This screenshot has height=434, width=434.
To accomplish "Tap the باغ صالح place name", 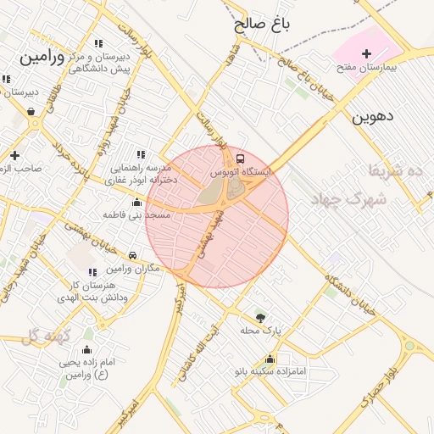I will pos(263,25).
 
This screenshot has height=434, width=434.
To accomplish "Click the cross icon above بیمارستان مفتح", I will pos(366,53).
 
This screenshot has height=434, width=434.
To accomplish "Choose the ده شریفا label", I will pos(402,172).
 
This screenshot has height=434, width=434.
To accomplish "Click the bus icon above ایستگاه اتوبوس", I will pos(240,159).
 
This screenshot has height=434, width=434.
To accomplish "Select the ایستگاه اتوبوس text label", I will pos(242,172).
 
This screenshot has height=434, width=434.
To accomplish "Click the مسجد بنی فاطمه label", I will pos(137,215).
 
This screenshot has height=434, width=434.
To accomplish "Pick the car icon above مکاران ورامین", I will pos(132,255).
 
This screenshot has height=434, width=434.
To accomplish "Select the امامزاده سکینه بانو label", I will pos(271,371).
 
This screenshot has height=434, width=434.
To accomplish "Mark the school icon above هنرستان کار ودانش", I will pos(92,272).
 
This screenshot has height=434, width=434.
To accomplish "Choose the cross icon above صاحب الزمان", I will pos(14,155).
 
